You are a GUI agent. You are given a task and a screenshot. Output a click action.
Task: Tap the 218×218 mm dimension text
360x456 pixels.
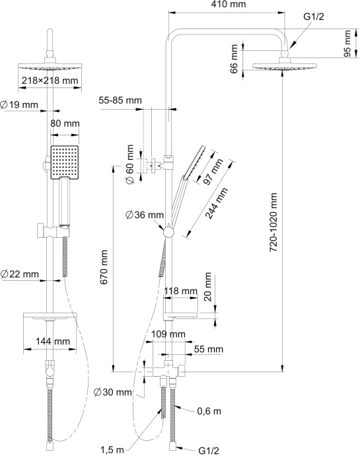click(50, 80)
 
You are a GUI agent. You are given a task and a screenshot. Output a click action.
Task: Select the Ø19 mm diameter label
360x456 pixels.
click(19, 104)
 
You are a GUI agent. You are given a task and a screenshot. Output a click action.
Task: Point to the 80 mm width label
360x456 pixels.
click(65, 124)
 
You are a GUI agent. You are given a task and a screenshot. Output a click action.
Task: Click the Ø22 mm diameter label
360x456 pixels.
click(19, 274)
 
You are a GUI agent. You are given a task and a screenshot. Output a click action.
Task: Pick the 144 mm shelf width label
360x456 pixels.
click(53, 340)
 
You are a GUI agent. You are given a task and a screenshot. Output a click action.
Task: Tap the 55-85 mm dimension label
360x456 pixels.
click(120, 100)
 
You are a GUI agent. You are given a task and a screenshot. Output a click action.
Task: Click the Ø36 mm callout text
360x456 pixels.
click(145, 215)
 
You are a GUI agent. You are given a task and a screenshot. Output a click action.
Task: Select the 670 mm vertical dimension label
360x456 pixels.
click(104, 267)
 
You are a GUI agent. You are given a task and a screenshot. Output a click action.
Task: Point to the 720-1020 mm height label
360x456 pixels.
click(273, 222)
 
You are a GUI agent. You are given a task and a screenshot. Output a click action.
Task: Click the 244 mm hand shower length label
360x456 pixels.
click(217, 204)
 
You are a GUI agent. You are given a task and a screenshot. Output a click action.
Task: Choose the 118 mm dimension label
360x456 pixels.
click(180, 291)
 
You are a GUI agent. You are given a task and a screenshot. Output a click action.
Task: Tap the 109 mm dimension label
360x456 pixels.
click(168, 334)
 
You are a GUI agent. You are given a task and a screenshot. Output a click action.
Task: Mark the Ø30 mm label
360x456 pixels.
click(112, 392)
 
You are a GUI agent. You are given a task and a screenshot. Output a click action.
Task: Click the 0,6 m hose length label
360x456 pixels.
click(209, 411)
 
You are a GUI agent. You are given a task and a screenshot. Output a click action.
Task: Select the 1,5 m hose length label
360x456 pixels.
click(112, 450)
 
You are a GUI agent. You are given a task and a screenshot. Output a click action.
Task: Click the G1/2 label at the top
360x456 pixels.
click(314, 17)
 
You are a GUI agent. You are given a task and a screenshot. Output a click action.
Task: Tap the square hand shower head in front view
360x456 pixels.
click(65, 163)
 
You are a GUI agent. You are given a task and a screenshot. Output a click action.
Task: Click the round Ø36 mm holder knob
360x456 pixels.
click(168, 233)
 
